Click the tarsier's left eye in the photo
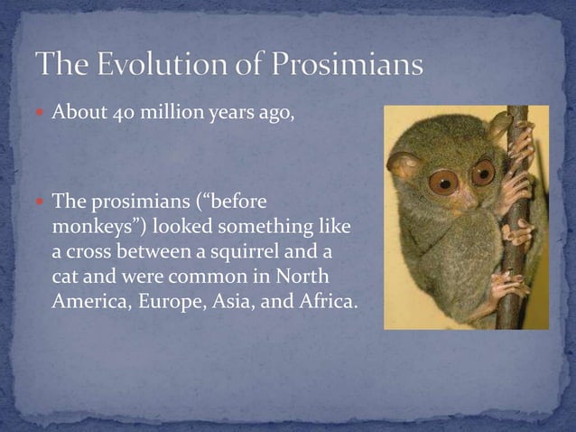[443, 183]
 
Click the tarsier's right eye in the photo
[483, 172]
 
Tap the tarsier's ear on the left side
[402, 165]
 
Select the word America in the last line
[88, 301]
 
